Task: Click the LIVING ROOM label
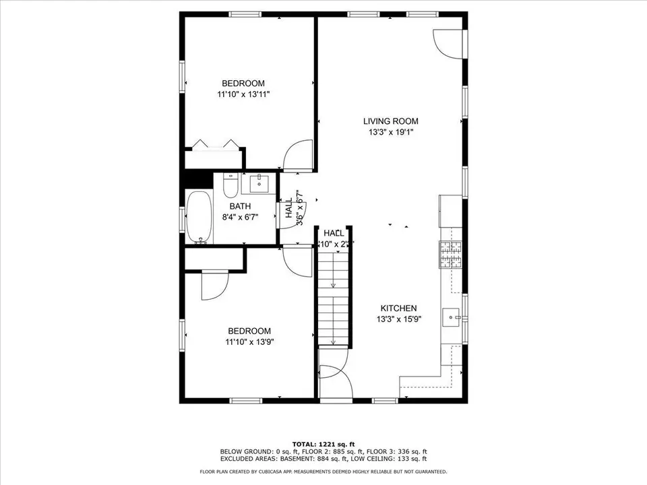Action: pyautogui.click(x=391, y=121)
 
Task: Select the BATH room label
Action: pyautogui.click(x=240, y=206)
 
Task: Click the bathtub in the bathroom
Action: pyautogui.click(x=199, y=218)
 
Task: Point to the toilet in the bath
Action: pyautogui.click(x=230, y=185)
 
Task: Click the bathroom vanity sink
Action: pyautogui.click(x=259, y=183)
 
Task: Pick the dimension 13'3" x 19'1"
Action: pyautogui.click(x=391, y=133)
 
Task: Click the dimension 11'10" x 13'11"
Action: pyautogui.click(x=243, y=95)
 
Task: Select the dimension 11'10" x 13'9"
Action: pyautogui.click(x=249, y=342)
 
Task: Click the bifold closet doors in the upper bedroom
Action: pyautogui.click(x=214, y=145)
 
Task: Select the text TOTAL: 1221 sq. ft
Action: pyautogui.click(x=323, y=443)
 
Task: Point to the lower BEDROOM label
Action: pyautogui.click(x=249, y=331)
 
